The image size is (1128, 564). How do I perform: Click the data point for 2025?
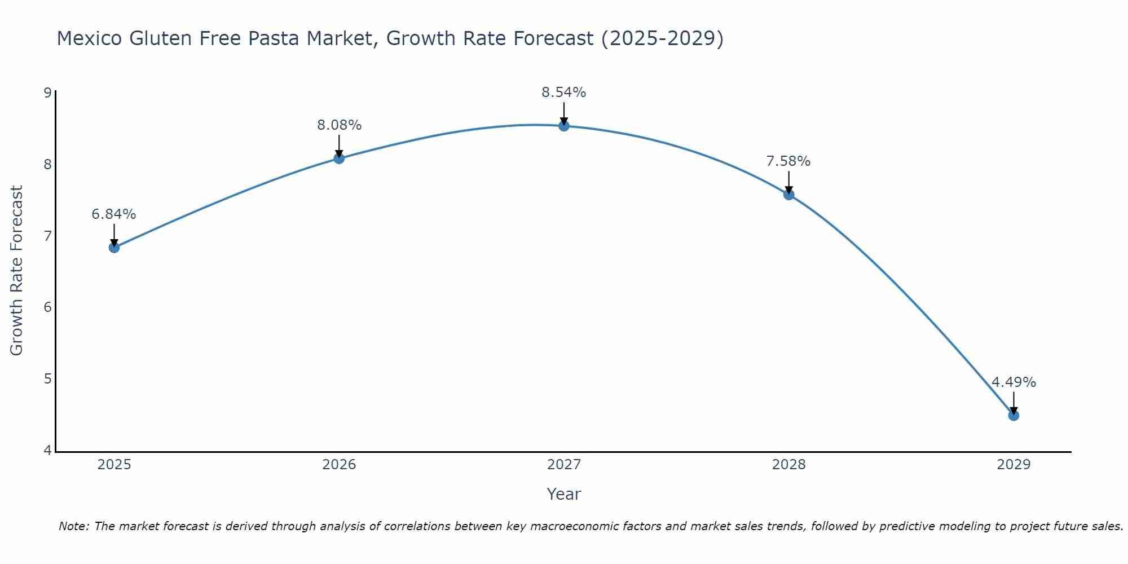coord(114,247)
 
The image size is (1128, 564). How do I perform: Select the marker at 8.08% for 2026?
coord(339,158)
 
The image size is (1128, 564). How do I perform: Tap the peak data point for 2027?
coord(564,126)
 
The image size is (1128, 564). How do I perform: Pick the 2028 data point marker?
coord(789,195)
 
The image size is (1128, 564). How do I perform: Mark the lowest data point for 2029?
coord(1014,416)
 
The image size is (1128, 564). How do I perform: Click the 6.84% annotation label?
coord(114,214)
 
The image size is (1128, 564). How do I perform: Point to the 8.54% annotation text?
coord(564,92)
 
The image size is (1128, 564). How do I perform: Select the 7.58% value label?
coord(788,161)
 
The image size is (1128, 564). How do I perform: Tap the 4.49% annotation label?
coord(1014,382)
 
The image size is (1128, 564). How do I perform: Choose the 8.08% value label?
coord(339,125)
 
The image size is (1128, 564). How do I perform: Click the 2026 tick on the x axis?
coord(339,465)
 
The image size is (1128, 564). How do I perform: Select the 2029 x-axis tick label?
coord(1014,465)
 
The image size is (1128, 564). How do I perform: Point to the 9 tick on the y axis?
coord(47,92)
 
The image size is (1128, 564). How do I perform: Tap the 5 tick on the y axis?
coord(47,378)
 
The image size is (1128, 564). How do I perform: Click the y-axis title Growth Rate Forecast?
coord(17,271)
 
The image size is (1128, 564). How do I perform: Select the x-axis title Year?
coord(564,494)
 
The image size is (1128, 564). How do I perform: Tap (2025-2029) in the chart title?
coord(662,38)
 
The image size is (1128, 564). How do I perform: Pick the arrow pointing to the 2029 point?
coord(1014,403)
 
